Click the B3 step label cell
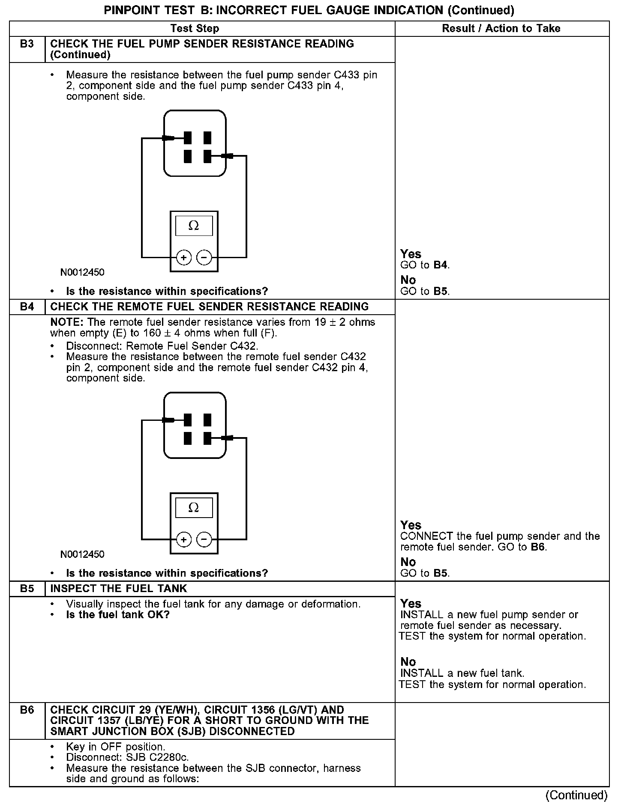27,44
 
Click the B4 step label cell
27,307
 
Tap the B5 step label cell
27,588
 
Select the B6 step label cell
27,710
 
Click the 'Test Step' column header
195,29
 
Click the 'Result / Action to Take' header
501,29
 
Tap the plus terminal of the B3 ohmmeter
184,258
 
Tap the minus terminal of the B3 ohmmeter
204,258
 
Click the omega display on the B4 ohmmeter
194,508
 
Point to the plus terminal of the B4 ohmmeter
184,539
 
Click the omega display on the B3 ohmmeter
194,226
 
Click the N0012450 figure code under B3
82,272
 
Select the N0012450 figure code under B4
82,554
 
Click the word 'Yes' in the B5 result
411,604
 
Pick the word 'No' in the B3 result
408,280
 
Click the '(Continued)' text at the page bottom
576,795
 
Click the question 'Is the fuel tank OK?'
118,615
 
